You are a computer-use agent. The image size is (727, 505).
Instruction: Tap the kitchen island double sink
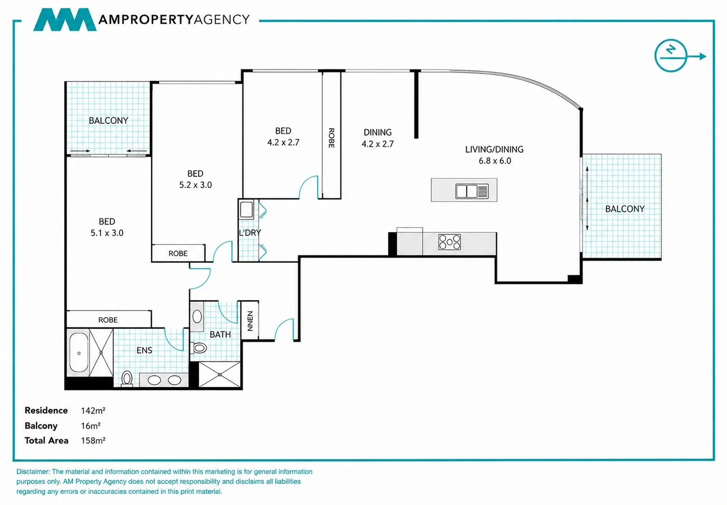(471, 191)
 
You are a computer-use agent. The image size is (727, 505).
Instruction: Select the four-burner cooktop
(450, 242)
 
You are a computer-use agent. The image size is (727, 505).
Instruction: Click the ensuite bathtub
(79, 353)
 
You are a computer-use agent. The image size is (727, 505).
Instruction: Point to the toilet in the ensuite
(127, 379)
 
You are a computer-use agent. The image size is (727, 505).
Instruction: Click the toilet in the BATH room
(199, 348)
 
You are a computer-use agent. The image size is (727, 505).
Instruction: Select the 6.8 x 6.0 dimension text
(495, 161)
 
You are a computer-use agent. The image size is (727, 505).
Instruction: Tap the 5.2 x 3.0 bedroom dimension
(195, 185)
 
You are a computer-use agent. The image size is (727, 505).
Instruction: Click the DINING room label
(377, 132)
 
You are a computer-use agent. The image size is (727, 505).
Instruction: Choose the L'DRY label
(250, 232)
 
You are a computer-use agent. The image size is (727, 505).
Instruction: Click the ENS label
(144, 350)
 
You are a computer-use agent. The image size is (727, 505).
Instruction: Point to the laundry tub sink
(246, 209)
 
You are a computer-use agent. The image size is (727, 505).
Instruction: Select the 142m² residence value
(93, 410)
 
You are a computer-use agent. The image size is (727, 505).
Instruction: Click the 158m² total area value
(93, 440)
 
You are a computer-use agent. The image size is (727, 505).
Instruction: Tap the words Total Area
(46, 440)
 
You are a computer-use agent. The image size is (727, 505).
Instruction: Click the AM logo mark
(65, 19)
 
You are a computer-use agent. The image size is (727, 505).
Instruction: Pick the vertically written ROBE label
(331, 138)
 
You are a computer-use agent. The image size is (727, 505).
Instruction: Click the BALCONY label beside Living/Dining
(625, 209)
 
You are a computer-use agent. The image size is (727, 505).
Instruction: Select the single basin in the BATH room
(197, 317)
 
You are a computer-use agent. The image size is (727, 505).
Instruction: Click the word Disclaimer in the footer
(33, 472)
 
